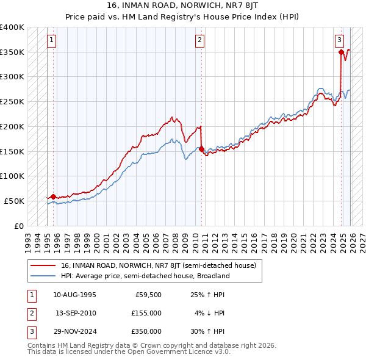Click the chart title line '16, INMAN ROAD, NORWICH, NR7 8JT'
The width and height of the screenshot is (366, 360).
182,5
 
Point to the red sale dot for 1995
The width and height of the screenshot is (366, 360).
53,196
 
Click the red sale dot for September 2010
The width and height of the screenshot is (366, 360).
201,149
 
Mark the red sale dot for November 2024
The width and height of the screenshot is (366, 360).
341,52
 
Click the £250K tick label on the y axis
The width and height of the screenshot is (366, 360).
12,102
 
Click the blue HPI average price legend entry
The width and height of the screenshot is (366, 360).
145,276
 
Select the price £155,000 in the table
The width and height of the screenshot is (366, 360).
146,313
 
